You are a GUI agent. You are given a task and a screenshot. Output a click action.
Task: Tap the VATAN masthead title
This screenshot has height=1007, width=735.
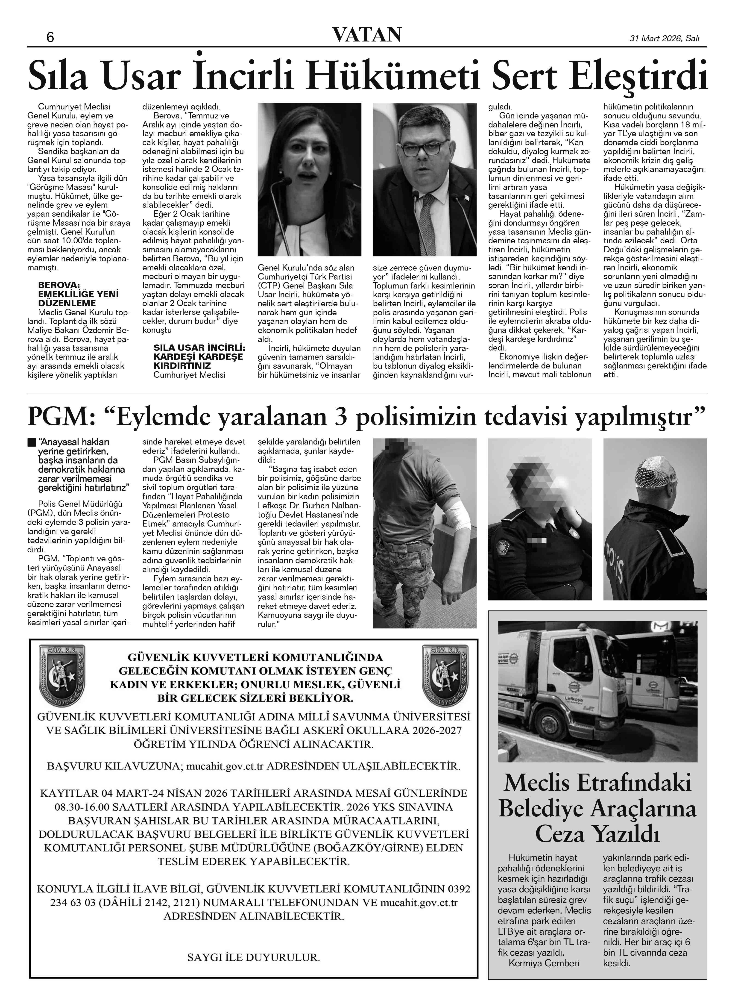(367, 35)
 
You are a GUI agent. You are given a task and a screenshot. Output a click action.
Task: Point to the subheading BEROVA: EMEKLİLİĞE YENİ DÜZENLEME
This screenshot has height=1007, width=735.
(78, 294)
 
